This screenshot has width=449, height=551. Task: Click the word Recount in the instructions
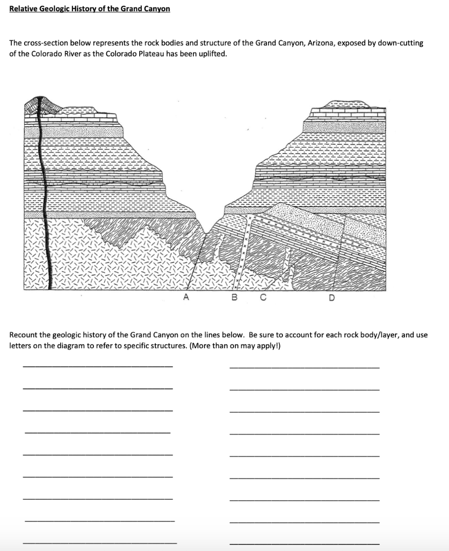pyautogui.click(x=24, y=335)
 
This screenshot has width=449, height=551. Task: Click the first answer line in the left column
pyautogui.click(x=98, y=366)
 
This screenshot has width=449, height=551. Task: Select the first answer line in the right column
pyautogui.click(x=304, y=367)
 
